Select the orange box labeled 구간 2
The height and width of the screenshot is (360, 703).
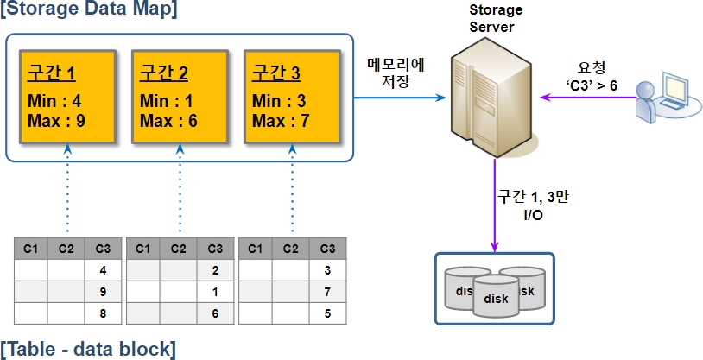coord(179,95)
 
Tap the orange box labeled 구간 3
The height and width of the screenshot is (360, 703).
coord(291,95)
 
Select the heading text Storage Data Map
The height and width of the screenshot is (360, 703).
coord(89,10)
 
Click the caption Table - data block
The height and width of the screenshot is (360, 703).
coord(88,349)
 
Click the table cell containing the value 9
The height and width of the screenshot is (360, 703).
coord(103,291)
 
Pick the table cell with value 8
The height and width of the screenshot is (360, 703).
coord(103,313)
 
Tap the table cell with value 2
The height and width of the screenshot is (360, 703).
coord(215,270)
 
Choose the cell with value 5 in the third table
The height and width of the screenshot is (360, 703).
coord(327,313)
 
